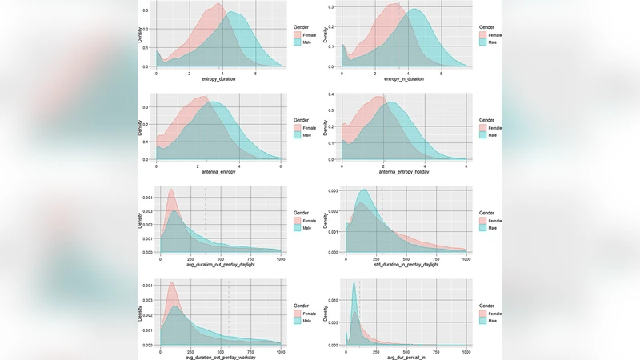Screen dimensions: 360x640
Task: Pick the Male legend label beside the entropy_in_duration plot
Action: point(494,43)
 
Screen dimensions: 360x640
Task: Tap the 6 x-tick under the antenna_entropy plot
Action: point(280,166)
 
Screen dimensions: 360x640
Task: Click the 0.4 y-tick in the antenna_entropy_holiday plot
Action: point(334,96)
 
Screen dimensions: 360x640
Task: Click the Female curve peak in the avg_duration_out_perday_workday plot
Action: point(170,282)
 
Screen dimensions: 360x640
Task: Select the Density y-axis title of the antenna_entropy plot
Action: point(139,128)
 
